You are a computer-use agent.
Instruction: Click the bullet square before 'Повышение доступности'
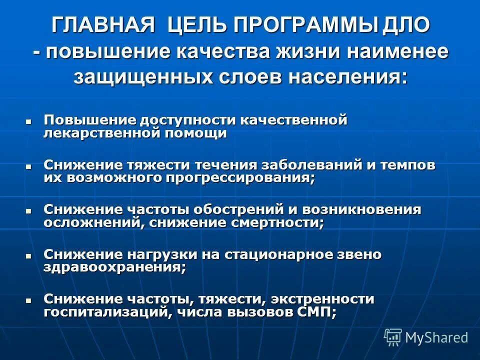pos(28,121)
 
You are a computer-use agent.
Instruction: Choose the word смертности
pos(277,223)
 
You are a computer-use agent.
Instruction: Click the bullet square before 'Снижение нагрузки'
pos(28,255)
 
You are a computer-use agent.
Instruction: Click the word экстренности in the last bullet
pos(323,299)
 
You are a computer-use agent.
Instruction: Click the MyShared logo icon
pos(393,337)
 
